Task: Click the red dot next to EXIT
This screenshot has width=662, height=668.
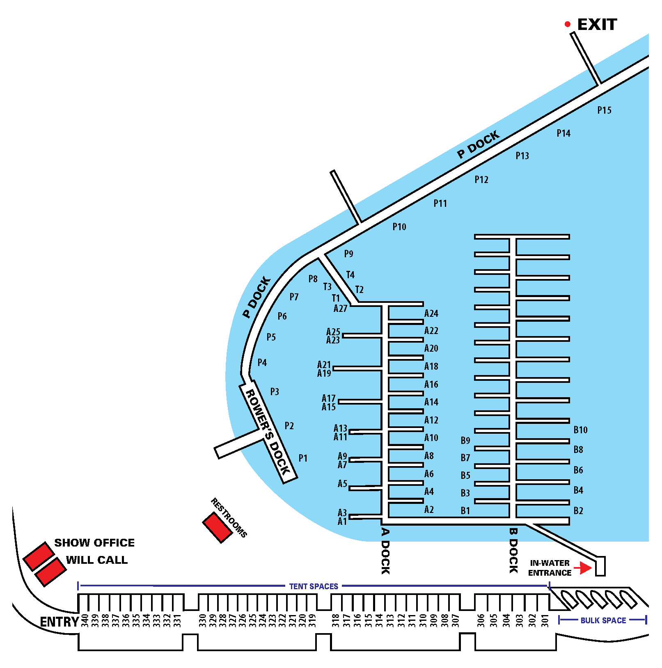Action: pos(568,25)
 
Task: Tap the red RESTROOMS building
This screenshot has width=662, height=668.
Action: pos(218,527)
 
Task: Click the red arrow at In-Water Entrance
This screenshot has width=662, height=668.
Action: pos(583,568)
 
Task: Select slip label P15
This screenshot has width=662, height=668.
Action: pos(604,110)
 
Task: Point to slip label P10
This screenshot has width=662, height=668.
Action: pos(399,227)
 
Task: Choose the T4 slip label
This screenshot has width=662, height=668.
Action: pos(350,275)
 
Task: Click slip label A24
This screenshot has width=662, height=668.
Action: pos(431,314)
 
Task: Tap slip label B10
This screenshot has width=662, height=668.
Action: pos(580,430)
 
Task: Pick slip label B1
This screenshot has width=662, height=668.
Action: pos(465,511)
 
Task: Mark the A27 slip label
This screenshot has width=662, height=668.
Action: pos(340,309)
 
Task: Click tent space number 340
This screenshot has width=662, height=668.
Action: pos(85,620)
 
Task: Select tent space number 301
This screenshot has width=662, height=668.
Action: pos(545,620)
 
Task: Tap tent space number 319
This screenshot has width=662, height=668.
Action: pos(312,620)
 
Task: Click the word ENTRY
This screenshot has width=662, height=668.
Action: pos(60,622)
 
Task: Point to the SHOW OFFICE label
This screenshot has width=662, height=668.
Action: pos(94,543)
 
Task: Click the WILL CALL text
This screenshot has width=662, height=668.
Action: pos(97,560)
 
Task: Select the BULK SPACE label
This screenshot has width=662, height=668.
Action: pos(603,620)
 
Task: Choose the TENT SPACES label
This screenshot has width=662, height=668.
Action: pos(314,586)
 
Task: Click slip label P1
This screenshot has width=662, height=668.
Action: pos(303,458)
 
